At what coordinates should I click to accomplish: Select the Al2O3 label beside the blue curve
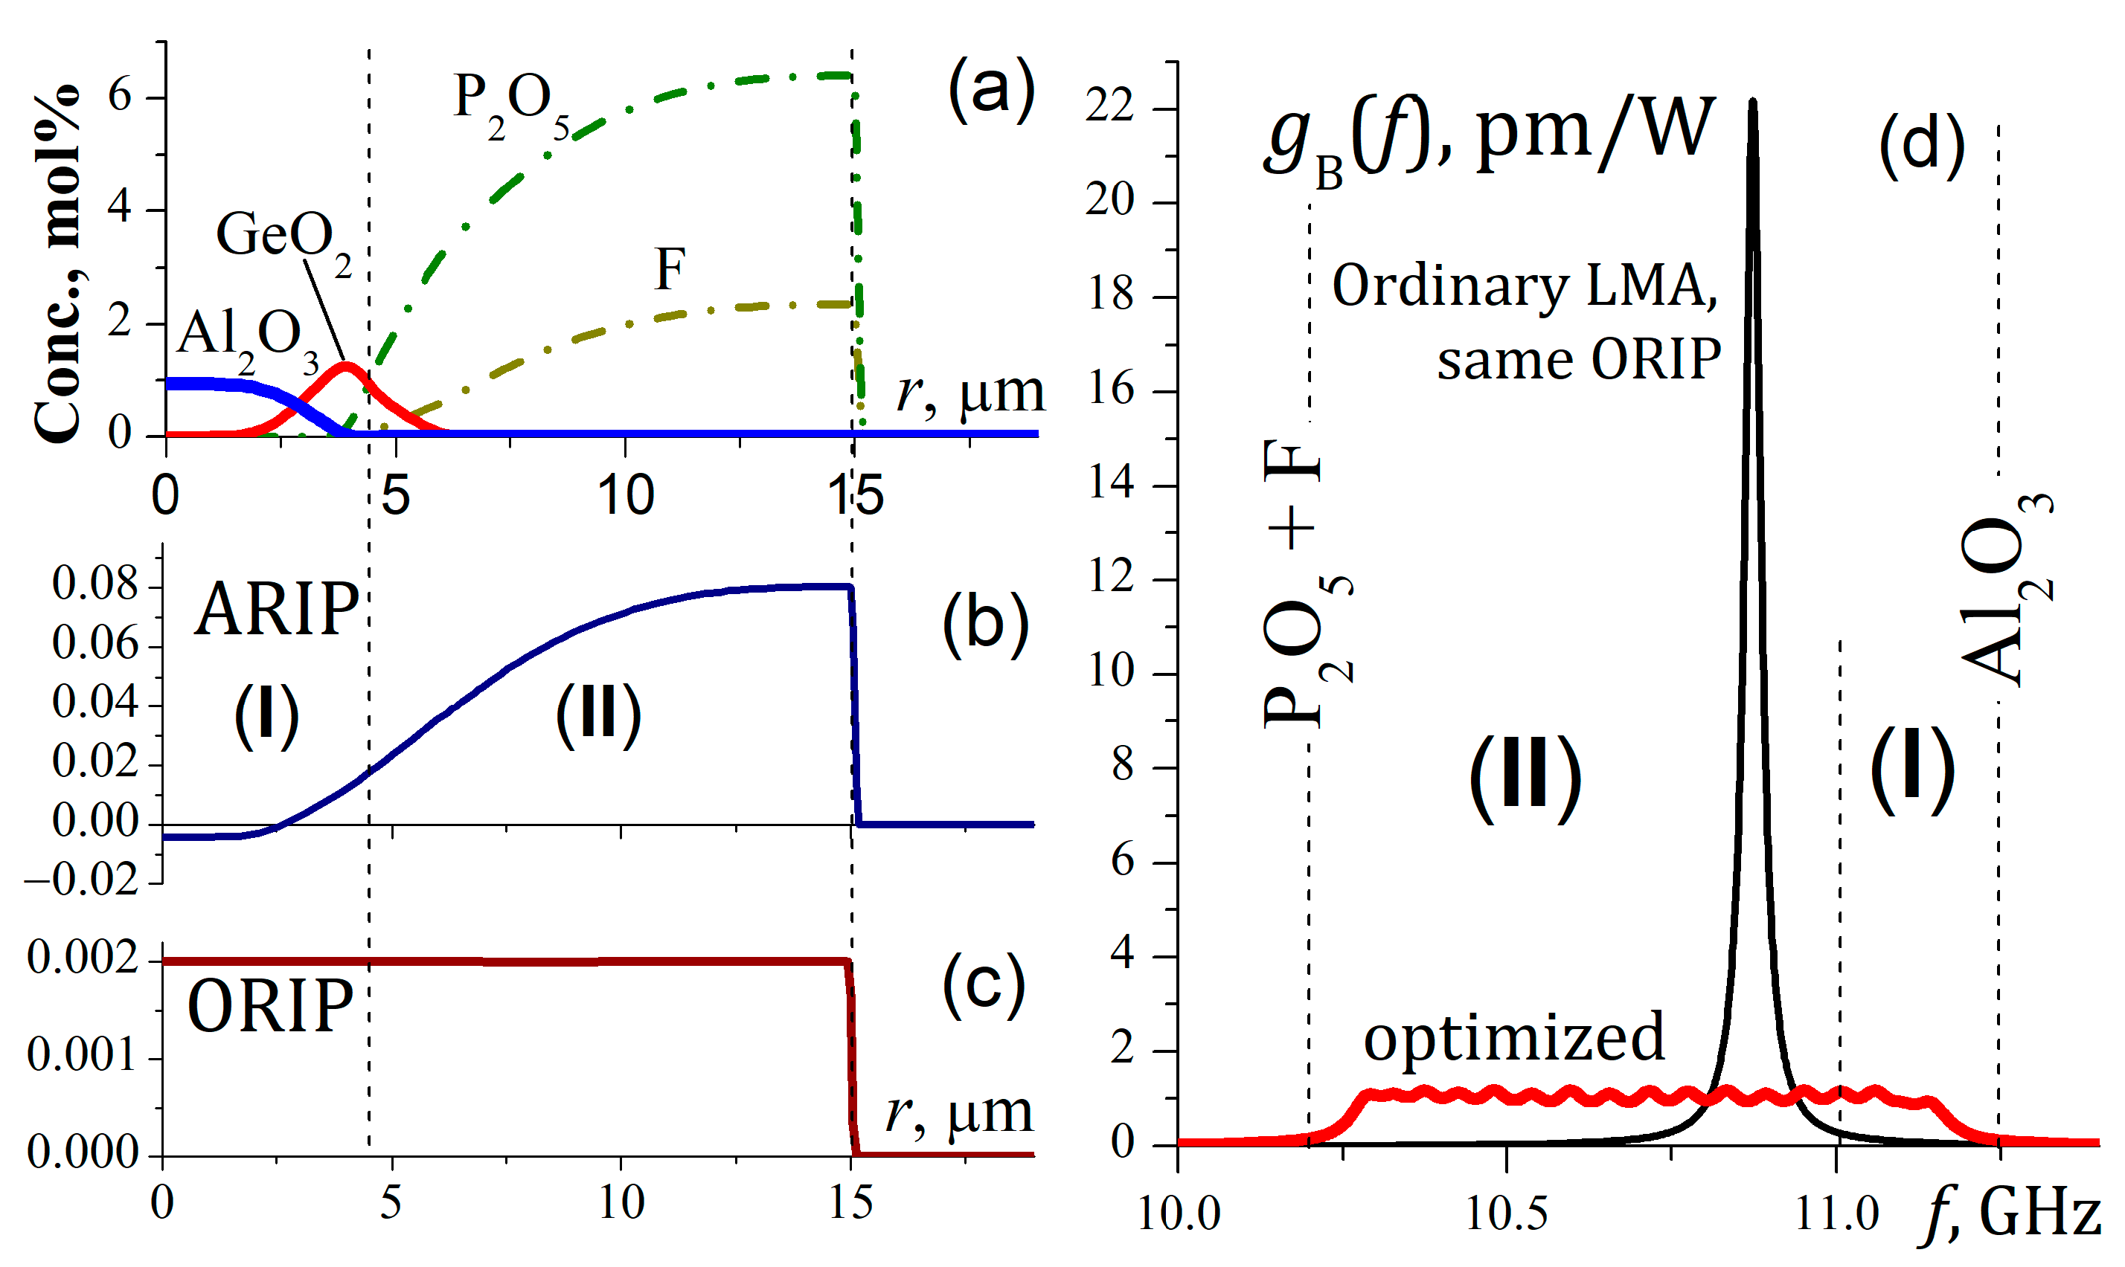(248, 339)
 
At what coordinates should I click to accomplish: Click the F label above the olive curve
(670, 270)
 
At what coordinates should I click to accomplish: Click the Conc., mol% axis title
(57, 265)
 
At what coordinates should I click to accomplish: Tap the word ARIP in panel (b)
(276, 610)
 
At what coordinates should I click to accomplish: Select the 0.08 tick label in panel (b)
(94, 585)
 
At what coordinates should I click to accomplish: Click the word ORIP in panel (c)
(270, 1008)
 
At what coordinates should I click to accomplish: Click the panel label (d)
(1922, 145)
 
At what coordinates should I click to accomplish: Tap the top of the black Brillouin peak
(1753, 103)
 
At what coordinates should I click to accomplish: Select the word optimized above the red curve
(1513, 1037)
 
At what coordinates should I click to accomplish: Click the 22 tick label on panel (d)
(1109, 109)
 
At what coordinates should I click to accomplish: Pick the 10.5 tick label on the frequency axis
(1507, 1213)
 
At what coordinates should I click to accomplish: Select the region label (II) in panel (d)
(1525, 777)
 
